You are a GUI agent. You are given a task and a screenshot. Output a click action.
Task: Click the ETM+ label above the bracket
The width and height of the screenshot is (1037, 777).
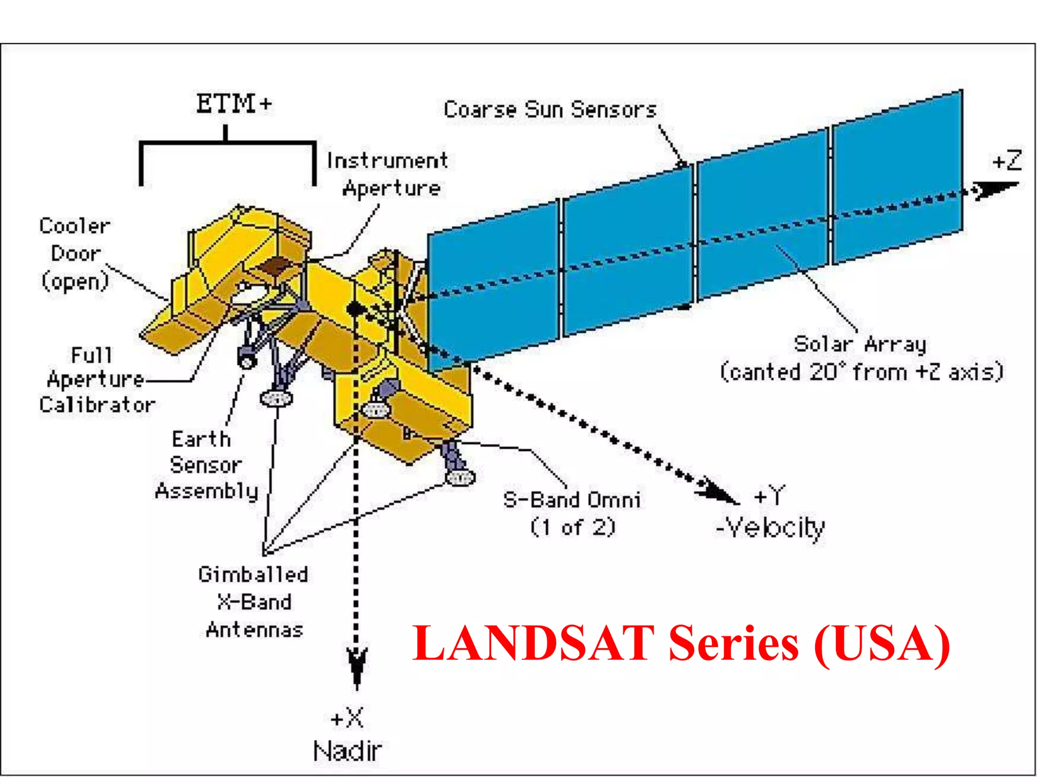pos(233,104)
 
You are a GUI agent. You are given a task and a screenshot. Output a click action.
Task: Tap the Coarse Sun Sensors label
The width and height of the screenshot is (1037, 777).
pos(550,110)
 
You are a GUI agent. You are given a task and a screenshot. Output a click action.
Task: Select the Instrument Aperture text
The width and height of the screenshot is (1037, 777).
pos(388,175)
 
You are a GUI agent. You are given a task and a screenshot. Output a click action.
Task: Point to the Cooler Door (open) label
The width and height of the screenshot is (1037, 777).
pos(75,254)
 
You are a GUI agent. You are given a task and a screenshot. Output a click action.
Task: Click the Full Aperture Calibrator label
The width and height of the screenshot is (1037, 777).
pos(96,380)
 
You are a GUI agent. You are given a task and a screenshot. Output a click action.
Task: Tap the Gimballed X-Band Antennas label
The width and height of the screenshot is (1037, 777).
pos(254,602)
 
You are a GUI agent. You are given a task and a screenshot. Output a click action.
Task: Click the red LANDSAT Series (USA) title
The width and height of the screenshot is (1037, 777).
pos(681,643)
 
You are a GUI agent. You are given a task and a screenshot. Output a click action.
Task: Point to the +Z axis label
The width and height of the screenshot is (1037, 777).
pos(1007,161)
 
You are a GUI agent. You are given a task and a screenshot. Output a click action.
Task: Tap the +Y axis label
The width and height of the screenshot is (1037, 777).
pos(770,496)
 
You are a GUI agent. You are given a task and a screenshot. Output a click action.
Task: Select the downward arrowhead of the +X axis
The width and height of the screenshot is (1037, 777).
pos(357,665)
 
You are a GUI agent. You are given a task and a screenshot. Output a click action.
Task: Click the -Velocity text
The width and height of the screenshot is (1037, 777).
pos(770,528)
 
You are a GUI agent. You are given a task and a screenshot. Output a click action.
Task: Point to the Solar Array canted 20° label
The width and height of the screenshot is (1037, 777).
pos(861,358)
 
